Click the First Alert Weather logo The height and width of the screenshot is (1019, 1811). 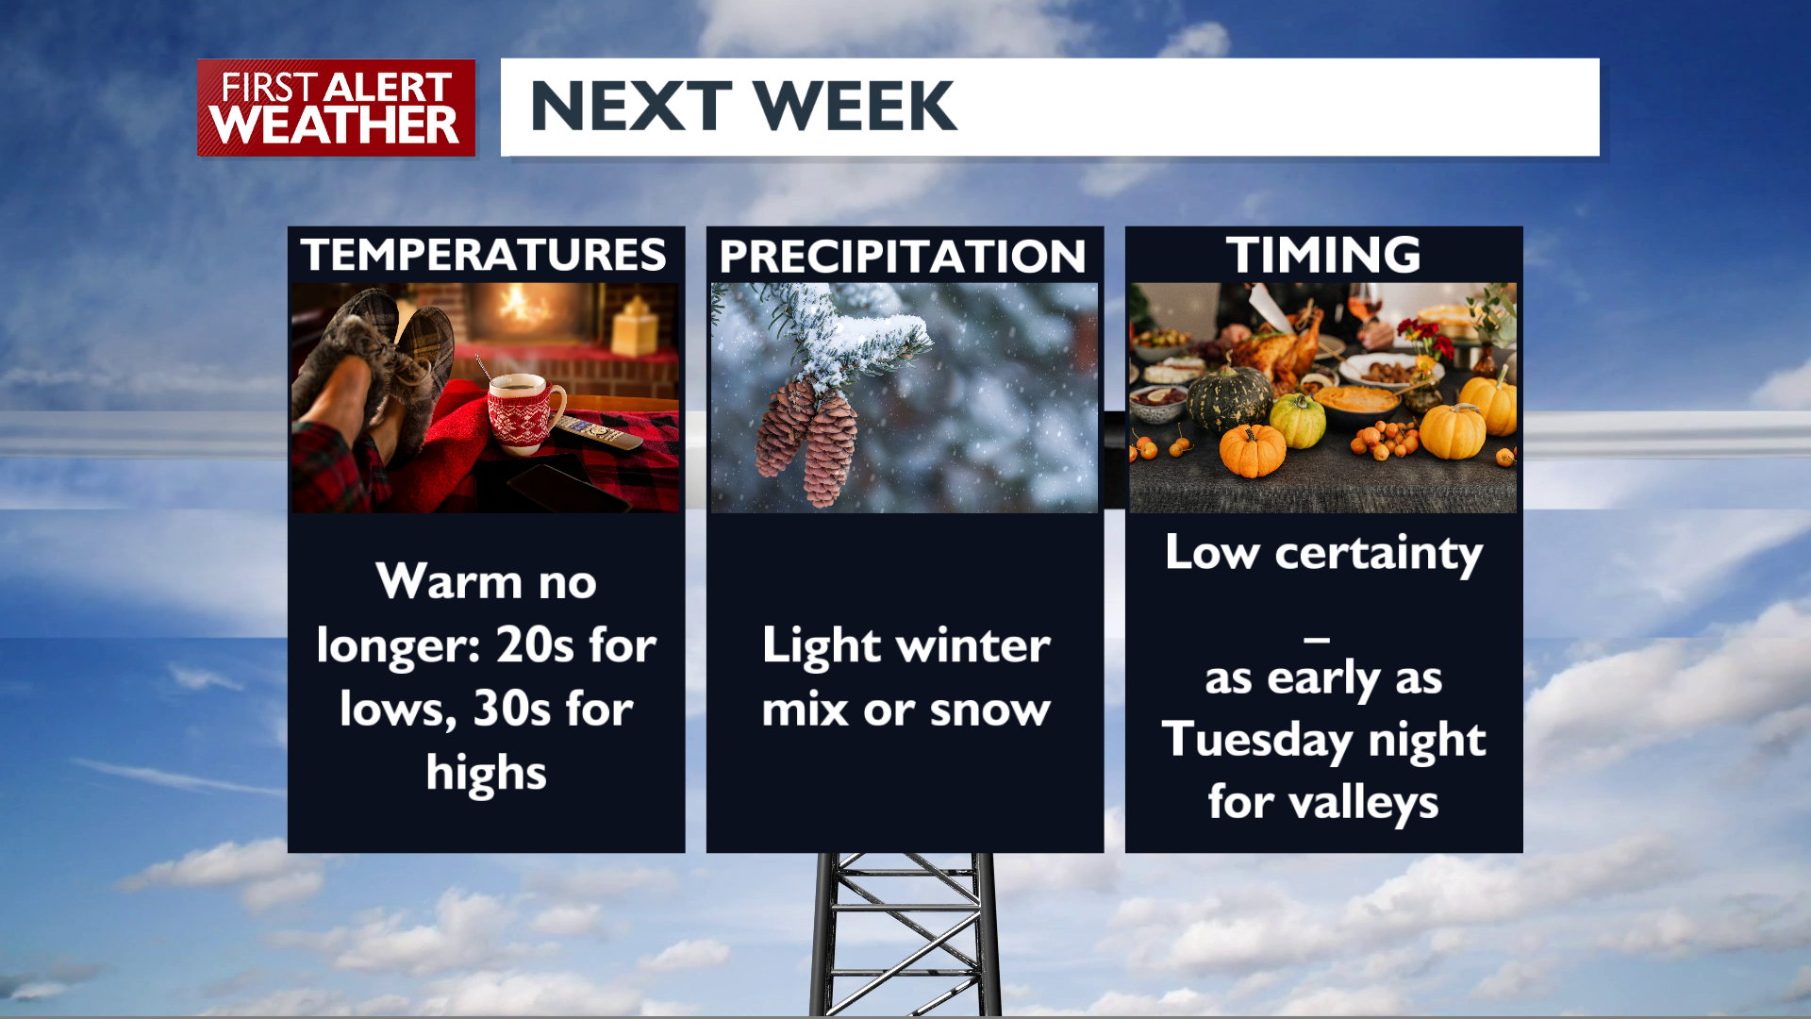[x=336, y=108]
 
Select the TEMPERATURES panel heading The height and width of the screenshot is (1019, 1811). [x=484, y=255]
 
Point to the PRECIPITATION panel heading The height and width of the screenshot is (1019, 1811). [x=903, y=257]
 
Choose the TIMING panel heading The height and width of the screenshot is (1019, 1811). [x=1323, y=255]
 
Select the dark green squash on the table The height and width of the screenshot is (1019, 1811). [x=1229, y=398]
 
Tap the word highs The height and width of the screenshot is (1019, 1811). [x=486, y=775]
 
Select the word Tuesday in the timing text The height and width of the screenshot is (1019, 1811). [x=1256, y=741]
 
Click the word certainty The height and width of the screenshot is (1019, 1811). [x=1379, y=554]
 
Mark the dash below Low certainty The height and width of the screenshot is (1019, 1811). [x=1318, y=640]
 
